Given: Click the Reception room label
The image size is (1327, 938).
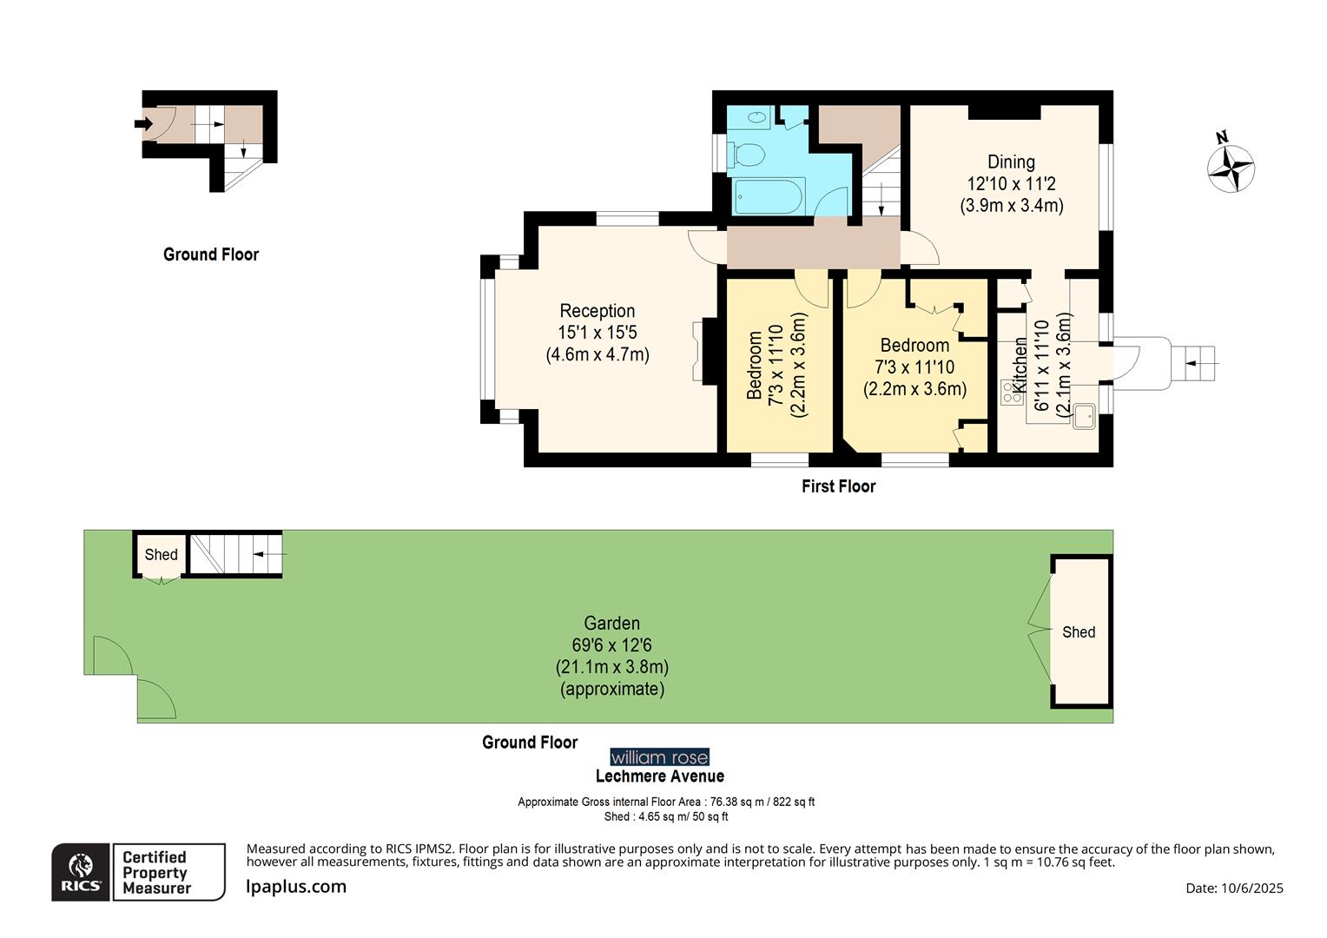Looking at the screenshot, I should tap(597, 311).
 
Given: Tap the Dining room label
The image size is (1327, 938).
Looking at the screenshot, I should tap(1011, 162).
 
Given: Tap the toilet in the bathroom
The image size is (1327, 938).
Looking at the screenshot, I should tap(747, 155).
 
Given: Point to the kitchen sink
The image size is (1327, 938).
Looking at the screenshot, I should tap(1084, 417).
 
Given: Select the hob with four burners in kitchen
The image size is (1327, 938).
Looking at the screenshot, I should tap(1012, 393).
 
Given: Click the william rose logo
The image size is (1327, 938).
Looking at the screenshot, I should tap(659, 757).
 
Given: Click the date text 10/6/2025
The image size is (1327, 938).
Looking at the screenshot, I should tap(1234, 888).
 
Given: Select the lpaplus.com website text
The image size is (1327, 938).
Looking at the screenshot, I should tap(296, 887).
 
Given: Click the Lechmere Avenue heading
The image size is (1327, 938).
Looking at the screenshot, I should tap(659, 776).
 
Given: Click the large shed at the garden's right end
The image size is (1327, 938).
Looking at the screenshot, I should tap(1079, 631).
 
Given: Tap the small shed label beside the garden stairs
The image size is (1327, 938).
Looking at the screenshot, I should tap(161, 554).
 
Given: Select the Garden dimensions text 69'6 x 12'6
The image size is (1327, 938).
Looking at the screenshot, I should tap(611, 645).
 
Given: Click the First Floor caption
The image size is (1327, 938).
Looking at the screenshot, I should tap(838, 486).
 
